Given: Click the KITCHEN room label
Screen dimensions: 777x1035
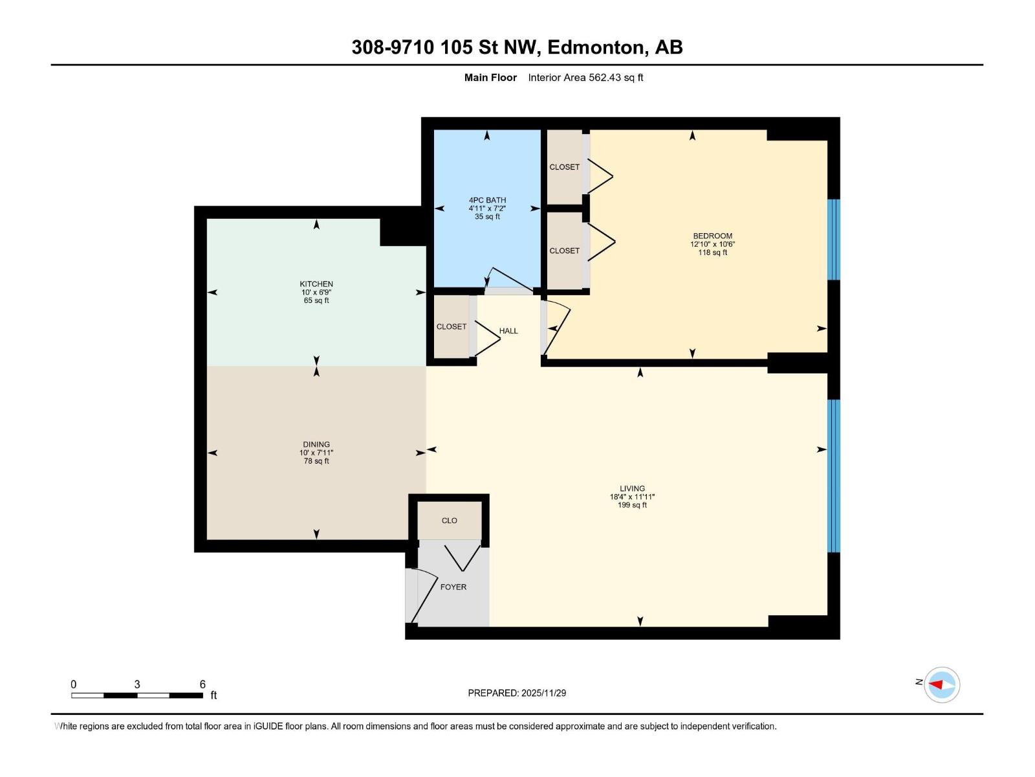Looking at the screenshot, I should point(316,284).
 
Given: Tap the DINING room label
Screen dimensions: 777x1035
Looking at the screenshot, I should point(316,444).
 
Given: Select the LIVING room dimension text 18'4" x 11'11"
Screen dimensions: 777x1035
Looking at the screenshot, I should point(632,497).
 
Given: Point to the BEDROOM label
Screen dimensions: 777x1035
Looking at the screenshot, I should point(712,236).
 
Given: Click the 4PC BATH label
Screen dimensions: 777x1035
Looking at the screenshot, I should point(487,200).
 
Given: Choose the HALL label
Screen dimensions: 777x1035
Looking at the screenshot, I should point(508,331).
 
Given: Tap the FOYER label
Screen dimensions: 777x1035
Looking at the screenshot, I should point(453,587).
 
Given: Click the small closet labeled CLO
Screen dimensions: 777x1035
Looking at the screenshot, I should point(449,521).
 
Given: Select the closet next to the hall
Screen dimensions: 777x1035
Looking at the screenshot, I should point(451,327).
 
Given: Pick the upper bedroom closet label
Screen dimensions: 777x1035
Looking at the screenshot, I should point(564,167).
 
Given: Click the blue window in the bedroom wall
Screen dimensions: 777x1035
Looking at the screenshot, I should point(834,239).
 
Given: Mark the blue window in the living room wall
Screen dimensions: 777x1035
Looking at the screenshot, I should point(834,475).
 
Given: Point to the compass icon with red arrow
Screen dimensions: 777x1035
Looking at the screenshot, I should point(941,684).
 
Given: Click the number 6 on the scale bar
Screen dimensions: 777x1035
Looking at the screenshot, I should point(202,684).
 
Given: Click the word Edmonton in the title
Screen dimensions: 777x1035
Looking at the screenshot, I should point(598,47).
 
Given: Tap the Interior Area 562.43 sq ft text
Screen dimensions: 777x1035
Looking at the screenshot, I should point(585,78).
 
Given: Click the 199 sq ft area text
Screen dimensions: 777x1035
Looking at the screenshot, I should point(632,505).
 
